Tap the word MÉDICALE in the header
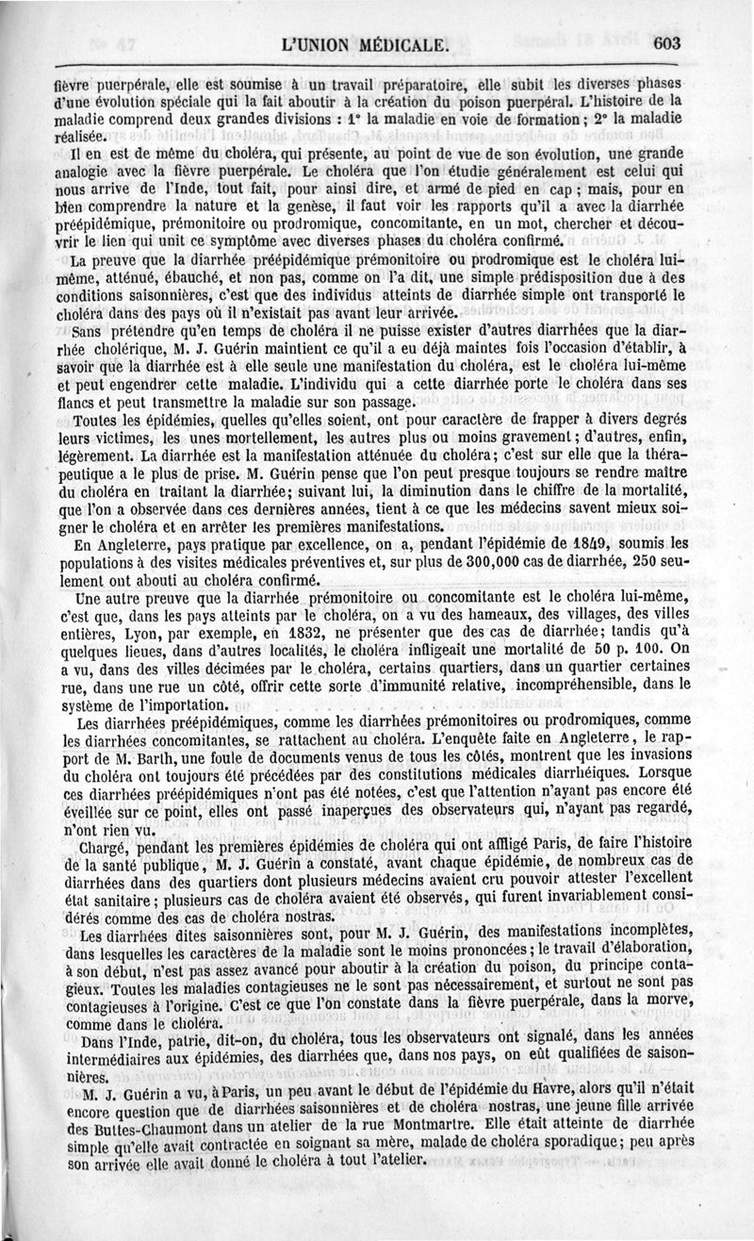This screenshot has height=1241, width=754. tap(391, 44)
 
